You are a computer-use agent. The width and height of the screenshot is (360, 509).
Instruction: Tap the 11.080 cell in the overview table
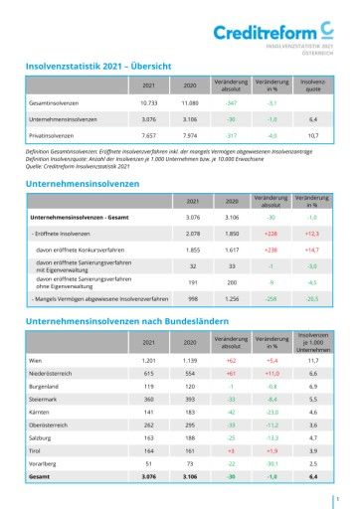pyautogui.click(x=190, y=102)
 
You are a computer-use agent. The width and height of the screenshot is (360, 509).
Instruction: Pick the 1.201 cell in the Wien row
pyautogui.click(x=149, y=360)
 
